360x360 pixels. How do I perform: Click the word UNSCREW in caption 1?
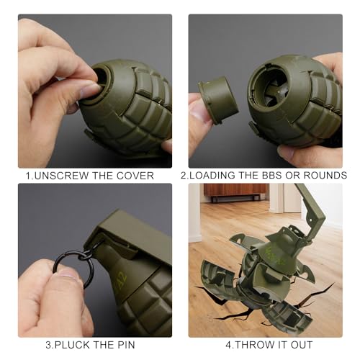(61, 176)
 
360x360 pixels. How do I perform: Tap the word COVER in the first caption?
(135, 176)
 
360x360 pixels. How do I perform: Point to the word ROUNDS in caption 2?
(325, 175)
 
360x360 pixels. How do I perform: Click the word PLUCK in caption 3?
(71, 345)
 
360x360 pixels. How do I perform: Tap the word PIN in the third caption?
(125, 345)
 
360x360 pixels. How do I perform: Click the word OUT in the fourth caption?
(302, 345)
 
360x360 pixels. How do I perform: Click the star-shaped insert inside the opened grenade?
(276, 92)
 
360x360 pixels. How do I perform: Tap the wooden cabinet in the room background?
(235, 191)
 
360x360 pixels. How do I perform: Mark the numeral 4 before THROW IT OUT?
(228, 345)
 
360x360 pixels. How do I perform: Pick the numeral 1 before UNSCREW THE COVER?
(28, 176)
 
